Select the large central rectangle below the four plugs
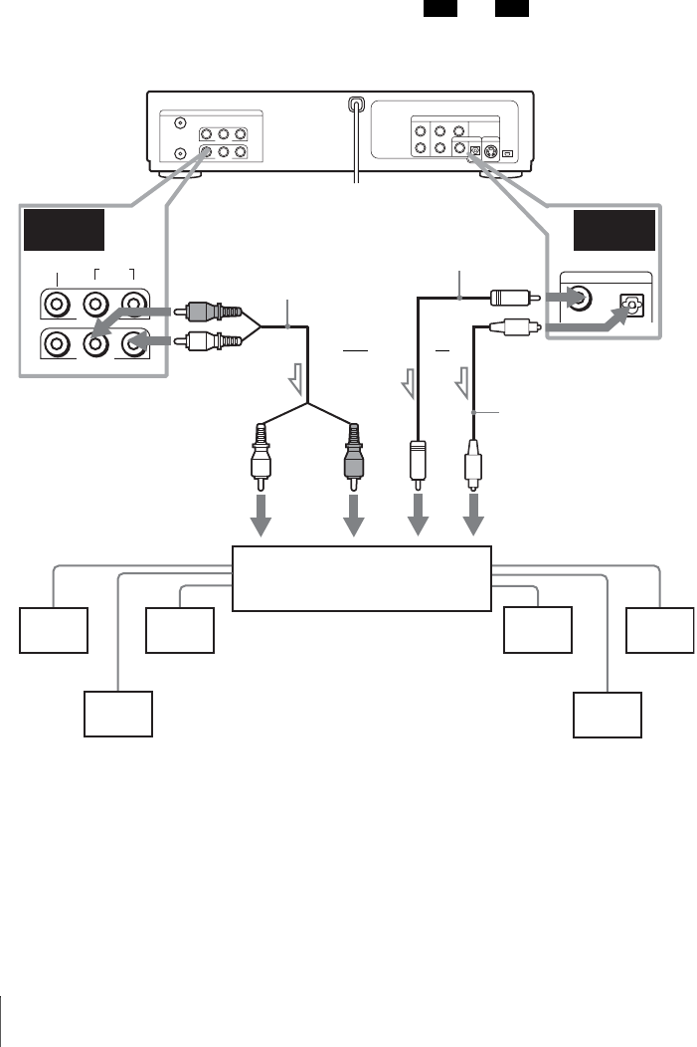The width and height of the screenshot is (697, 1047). pyautogui.click(x=362, y=577)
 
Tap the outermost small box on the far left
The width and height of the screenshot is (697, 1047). pyautogui.click(x=53, y=630)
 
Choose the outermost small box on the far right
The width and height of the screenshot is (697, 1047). pyautogui.click(x=660, y=630)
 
